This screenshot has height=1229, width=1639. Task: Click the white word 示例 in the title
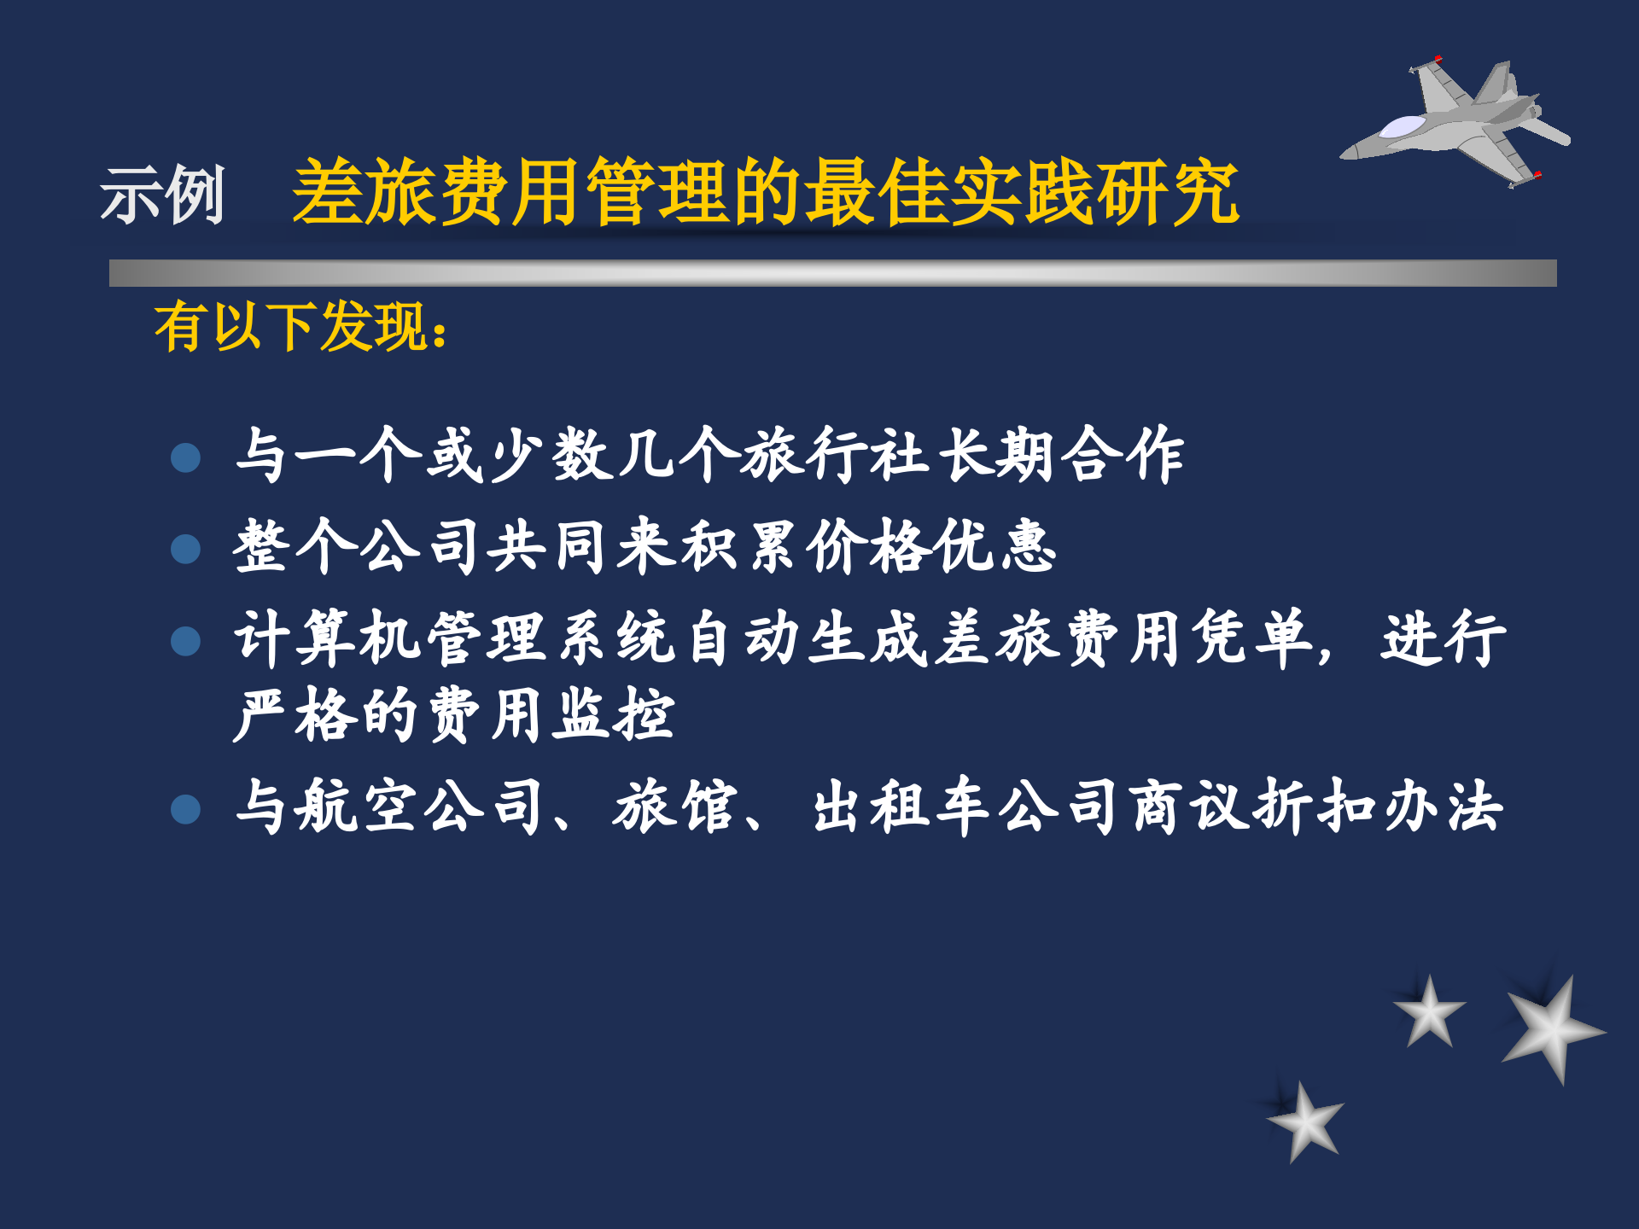tap(162, 195)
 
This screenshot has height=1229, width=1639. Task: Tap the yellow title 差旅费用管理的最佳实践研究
tap(765, 193)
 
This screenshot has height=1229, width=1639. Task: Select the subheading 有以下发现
tap(300, 327)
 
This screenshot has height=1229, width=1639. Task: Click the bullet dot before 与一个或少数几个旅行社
tap(185, 457)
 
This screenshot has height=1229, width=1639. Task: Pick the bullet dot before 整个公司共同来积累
tap(185, 549)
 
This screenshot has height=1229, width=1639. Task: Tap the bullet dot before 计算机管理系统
tap(185, 641)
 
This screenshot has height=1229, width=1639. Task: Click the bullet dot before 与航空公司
tap(185, 809)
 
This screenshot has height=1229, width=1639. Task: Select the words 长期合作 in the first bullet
tap(1062, 455)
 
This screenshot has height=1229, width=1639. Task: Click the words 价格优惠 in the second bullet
tap(932, 546)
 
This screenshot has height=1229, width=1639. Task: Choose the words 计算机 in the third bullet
tap(328, 638)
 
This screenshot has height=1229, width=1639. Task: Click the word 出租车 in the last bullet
tap(901, 807)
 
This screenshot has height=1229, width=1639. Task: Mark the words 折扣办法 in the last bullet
tap(1378, 807)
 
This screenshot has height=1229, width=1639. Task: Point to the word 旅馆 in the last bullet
tap(674, 807)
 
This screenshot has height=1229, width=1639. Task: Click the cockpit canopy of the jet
tap(1403, 127)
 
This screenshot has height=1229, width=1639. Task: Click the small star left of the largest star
tap(1430, 1012)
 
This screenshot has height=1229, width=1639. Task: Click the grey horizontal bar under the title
tap(832, 273)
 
